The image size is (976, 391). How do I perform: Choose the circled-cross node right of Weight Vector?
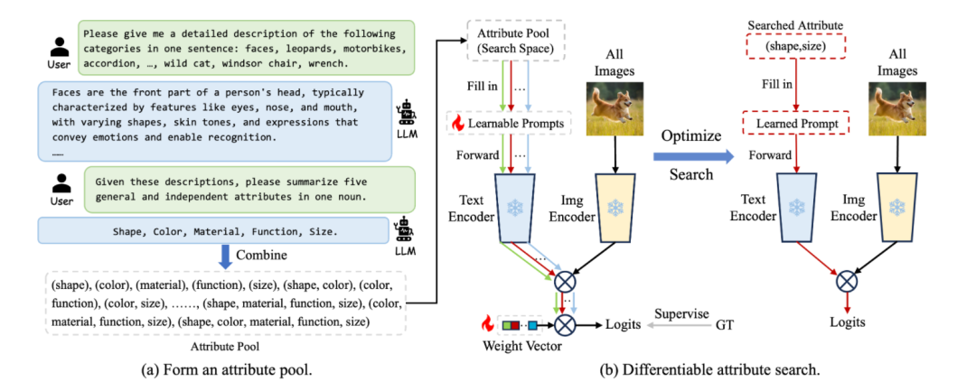point(566,322)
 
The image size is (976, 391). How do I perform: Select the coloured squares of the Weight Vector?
point(519,322)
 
